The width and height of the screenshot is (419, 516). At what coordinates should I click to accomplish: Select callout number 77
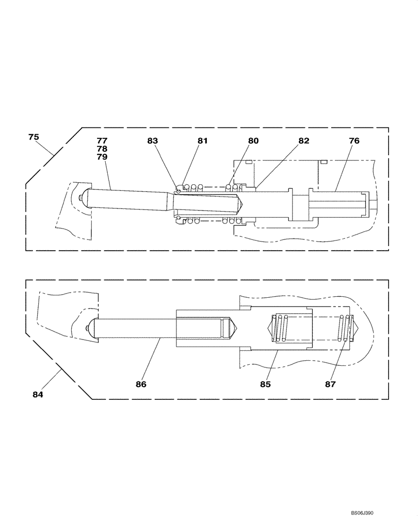pyautogui.click(x=102, y=140)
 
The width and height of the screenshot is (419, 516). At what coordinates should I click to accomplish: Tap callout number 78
pyautogui.click(x=102, y=148)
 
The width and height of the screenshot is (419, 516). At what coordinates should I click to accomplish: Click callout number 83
pyautogui.click(x=152, y=140)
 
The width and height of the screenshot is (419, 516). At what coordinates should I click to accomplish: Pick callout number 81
pyautogui.click(x=202, y=140)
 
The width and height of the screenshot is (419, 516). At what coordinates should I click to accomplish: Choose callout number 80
pyautogui.click(x=253, y=140)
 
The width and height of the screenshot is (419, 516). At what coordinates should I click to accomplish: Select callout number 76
pyautogui.click(x=354, y=140)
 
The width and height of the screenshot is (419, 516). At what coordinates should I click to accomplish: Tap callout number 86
pyautogui.click(x=141, y=384)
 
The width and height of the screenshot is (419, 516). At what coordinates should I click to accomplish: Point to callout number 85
pyautogui.click(x=266, y=384)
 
